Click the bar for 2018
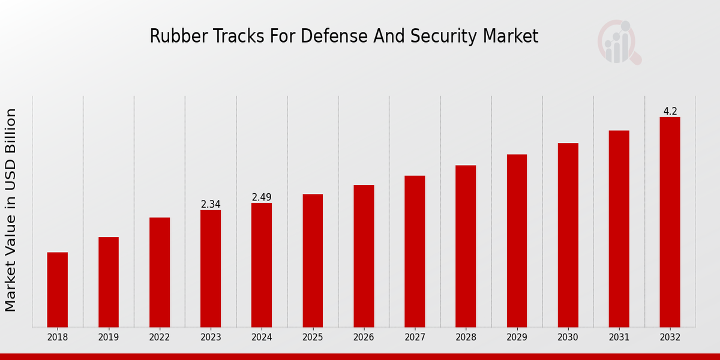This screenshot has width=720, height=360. click(x=58, y=289)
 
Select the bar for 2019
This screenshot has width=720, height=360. click(x=109, y=282)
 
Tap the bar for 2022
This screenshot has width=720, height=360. click(x=160, y=272)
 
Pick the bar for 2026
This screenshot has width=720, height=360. click(x=364, y=256)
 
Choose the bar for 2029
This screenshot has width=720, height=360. click(x=517, y=241)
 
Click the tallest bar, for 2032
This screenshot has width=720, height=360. click(x=670, y=222)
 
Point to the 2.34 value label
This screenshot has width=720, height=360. click(x=211, y=205)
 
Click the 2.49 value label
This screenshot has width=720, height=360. click(x=262, y=197)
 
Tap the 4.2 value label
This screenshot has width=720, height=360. click(x=670, y=112)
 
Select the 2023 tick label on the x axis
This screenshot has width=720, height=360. click(x=211, y=338)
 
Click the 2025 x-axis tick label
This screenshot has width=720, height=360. click(x=313, y=338)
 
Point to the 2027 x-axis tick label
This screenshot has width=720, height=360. click(x=415, y=338)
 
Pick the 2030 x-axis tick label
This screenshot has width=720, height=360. click(x=568, y=338)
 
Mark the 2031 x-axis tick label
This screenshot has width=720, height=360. click(x=619, y=338)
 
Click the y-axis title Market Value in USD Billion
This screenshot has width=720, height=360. click(x=11, y=210)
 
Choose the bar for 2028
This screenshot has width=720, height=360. click(x=466, y=246)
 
